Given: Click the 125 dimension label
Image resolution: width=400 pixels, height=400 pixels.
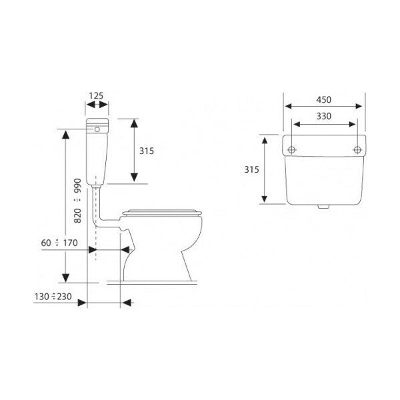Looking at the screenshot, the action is (x=96, y=95).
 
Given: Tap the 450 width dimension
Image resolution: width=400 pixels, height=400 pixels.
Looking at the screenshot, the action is (x=324, y=99).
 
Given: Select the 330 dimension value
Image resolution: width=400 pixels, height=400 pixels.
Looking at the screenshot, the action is (x=324, y=116).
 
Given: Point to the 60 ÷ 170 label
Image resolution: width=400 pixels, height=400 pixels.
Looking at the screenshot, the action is (x=59, y=243).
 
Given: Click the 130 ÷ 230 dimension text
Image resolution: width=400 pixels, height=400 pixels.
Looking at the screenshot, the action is (x=53, y=297).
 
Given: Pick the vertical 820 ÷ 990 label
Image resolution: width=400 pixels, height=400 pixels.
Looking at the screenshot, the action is (x=77, y=201).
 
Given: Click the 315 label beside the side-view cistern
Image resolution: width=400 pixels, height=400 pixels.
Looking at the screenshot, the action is (x=147, y=151).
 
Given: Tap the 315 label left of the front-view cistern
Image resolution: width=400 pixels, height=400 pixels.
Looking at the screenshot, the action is (x=251, y=169).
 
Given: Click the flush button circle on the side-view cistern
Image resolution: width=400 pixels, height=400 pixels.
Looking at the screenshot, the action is (x=97, y=129).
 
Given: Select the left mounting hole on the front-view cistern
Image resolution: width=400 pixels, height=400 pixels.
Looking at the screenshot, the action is (x=291, y=150).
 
